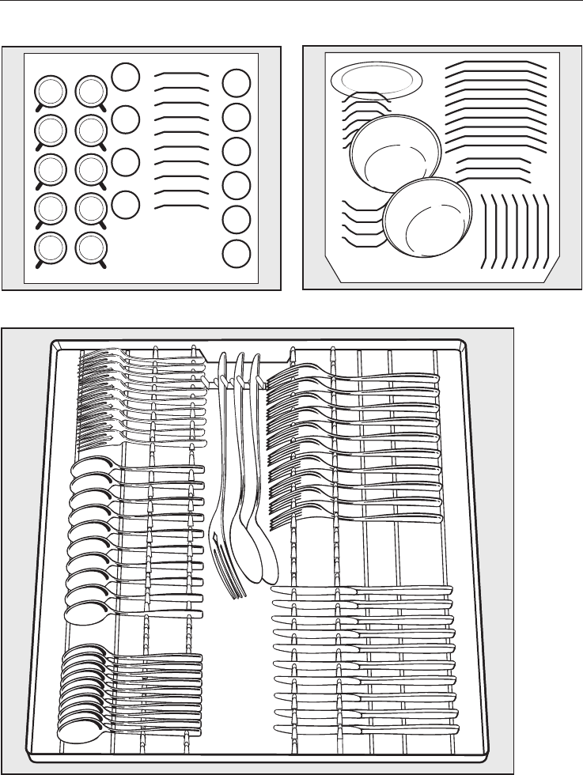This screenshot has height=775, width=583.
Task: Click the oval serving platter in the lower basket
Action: (x=376, y=81)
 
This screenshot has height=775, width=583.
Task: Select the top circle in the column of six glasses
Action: (x=235, y=84)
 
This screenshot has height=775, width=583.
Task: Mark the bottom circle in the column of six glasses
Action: (x=235, y=255)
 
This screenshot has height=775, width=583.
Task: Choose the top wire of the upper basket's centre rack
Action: (x=181, y=74)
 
